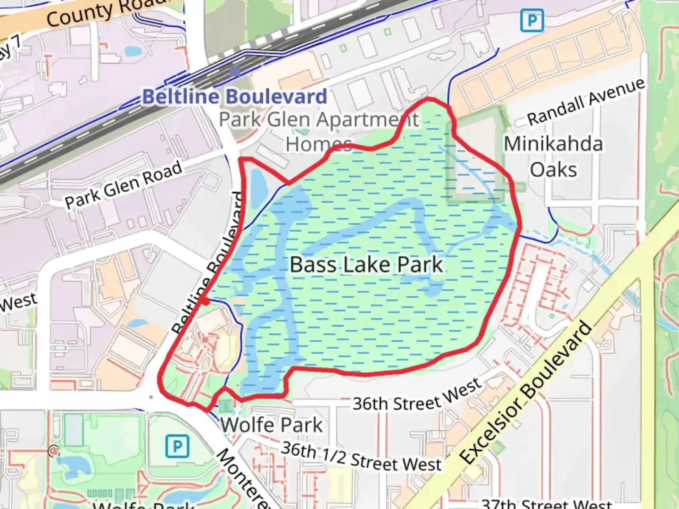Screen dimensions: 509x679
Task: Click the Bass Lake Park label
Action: (x=366, y=265)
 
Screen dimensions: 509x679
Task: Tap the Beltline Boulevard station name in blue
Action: (x=234, y=97)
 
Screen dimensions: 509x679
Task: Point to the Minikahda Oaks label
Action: (x=554, y=157)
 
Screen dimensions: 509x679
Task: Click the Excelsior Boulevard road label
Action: (x=526, y=392)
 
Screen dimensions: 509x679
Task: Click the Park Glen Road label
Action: (x=124, y=185)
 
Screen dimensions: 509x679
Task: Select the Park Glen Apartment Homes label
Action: (x=319, y=131)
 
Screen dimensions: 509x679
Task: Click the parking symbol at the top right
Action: (x=532, y=21)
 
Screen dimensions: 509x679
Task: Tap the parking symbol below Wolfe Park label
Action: (x=177, y=446)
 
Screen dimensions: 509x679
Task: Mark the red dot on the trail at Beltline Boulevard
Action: (x=205, y=301)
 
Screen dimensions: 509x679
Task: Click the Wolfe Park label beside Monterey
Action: (x=272, y=425)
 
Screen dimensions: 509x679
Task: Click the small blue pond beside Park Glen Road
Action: (x=258, y=186)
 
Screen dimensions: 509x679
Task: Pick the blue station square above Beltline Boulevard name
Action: (x=235, y=71)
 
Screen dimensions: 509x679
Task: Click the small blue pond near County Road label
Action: (x=132, y=50)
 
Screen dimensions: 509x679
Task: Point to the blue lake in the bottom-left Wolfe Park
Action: (x=75, y=466)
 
